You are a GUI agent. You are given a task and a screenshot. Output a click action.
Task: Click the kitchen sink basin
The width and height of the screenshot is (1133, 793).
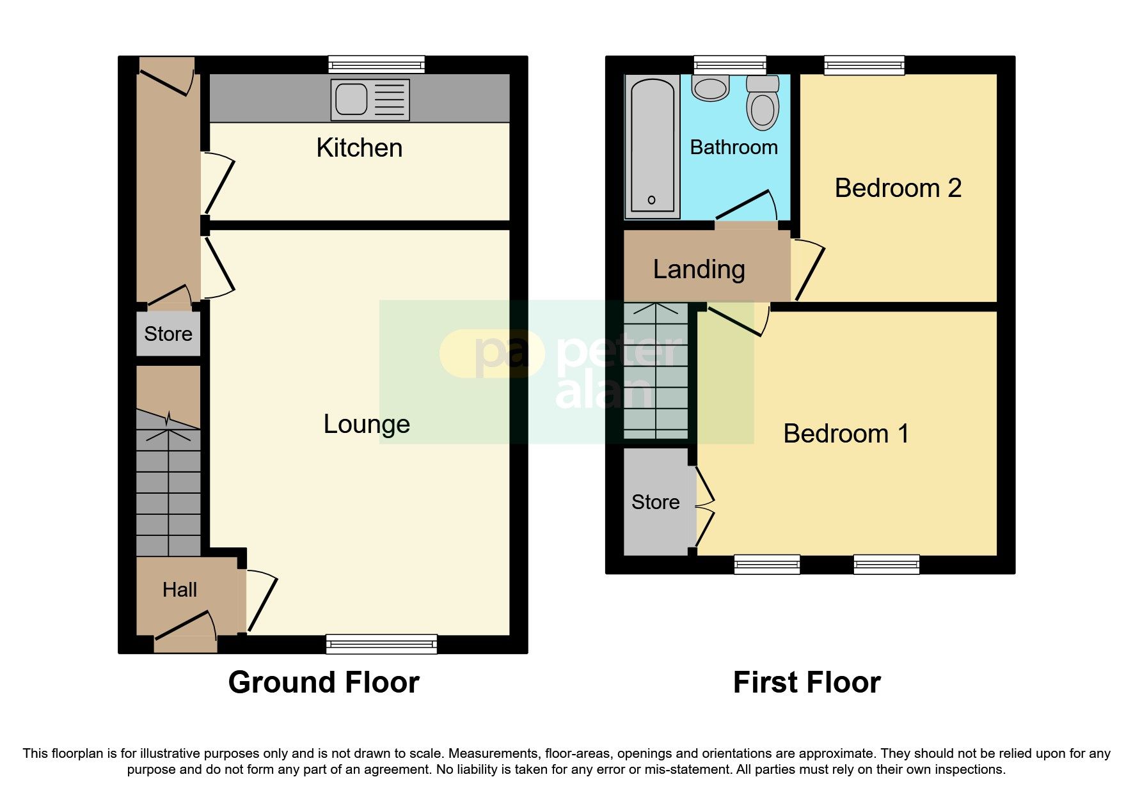(x=351, y=100)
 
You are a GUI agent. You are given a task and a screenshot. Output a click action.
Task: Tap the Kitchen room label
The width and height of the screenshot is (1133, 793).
(x=359, y=148)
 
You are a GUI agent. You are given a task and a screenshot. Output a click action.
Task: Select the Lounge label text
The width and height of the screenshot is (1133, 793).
(x=366, y=424)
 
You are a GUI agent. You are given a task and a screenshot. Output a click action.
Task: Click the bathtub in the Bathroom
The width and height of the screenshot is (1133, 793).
(x=652, y=146)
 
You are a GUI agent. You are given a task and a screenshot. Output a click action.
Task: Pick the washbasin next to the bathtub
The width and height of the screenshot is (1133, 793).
(x=710, y=88)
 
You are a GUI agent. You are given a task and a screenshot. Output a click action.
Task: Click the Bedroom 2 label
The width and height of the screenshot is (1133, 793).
(x=898, y=188)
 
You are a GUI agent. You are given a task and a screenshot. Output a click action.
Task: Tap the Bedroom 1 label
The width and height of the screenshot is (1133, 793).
(x=845, y=434)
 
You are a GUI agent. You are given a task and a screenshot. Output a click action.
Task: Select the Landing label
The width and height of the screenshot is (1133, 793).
(x=699, y=269)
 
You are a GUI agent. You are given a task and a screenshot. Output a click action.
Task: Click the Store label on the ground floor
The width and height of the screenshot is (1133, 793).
(x=168, y=334)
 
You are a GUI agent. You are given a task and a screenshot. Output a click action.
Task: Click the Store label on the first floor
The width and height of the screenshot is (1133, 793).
(x=655, y=502)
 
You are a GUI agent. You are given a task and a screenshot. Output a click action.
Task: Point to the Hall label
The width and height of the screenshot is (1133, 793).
(x=179, y=590)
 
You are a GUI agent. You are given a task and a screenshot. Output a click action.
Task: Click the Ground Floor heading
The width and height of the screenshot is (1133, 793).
(x=324, y=682)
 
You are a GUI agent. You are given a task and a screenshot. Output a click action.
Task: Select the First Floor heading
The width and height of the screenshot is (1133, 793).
(x=806, y=682)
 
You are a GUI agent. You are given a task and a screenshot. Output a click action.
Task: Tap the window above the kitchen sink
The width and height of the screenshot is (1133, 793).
(x=376, y=64)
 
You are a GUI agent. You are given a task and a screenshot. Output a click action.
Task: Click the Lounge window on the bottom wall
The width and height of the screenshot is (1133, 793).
(x=381, y=643)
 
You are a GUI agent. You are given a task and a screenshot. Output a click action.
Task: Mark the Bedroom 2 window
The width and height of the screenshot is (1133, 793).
(x=864, y=65)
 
